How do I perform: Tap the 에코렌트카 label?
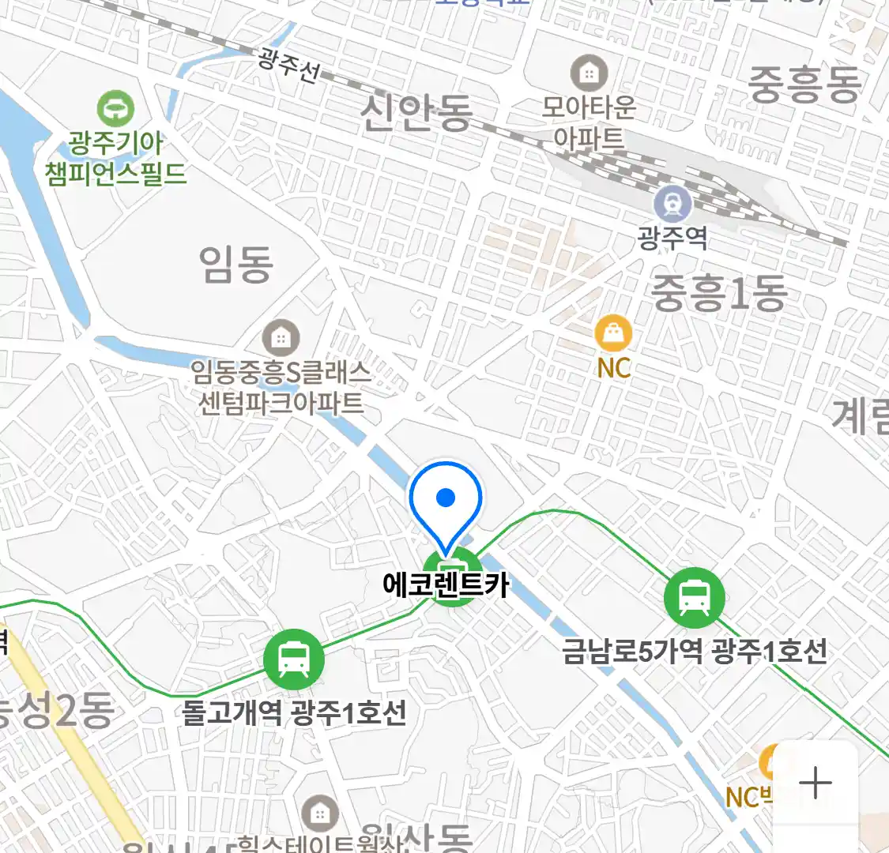(x=446, y=585)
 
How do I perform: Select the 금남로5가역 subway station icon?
(x=694, y=598)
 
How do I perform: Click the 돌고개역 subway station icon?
(x=294, y=659)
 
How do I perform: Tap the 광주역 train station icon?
(x=672, y=205)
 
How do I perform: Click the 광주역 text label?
(x=672, y=238)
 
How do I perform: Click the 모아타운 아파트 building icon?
(x=589, y=74)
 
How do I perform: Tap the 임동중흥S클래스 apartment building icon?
(x=280, y=339)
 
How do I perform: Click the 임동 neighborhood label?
(x=235, y=264)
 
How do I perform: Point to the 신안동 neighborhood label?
(x=416, y=111)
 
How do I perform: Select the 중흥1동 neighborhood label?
(x=718, y=293)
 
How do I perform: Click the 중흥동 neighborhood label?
(x=803, y=84)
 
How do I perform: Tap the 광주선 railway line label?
(x=289, y=65)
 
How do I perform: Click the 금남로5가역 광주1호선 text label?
(x=694, y=652)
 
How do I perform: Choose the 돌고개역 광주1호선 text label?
(x=294, y=713)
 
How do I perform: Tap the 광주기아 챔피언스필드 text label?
(x=116, y=158)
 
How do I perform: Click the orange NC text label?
(x=613, y=368)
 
